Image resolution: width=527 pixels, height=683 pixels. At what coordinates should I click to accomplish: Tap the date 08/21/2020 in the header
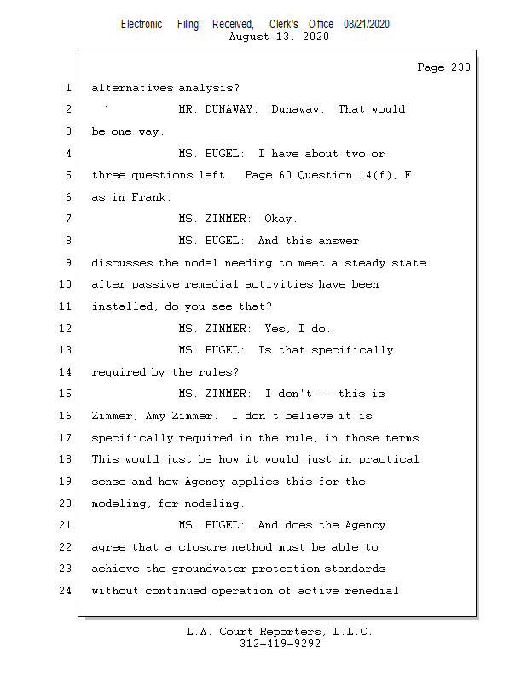(x=367, y=25)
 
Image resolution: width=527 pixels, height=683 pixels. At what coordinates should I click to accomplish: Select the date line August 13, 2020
(x=280, y=37)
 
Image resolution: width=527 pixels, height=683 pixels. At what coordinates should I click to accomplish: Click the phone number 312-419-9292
(x=280, y=645)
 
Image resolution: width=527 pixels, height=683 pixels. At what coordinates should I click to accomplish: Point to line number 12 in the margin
(x=66, y=328)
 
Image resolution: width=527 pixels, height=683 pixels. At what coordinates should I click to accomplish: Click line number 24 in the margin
(x=66, y=590)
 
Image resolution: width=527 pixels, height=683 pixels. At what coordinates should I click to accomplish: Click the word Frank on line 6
(x=151, y=197)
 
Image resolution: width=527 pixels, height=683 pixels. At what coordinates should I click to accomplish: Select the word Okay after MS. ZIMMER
(x=281, y=219)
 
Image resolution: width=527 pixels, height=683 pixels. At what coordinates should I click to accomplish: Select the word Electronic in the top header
(x=142, y=25)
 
